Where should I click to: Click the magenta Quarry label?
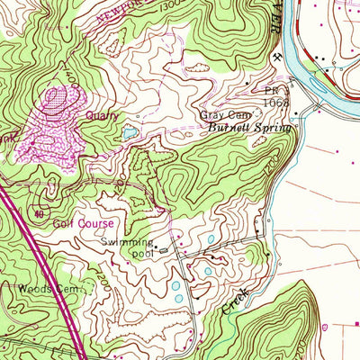[102, 115]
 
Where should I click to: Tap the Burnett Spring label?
[252, 130]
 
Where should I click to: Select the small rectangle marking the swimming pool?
[164, 252]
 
